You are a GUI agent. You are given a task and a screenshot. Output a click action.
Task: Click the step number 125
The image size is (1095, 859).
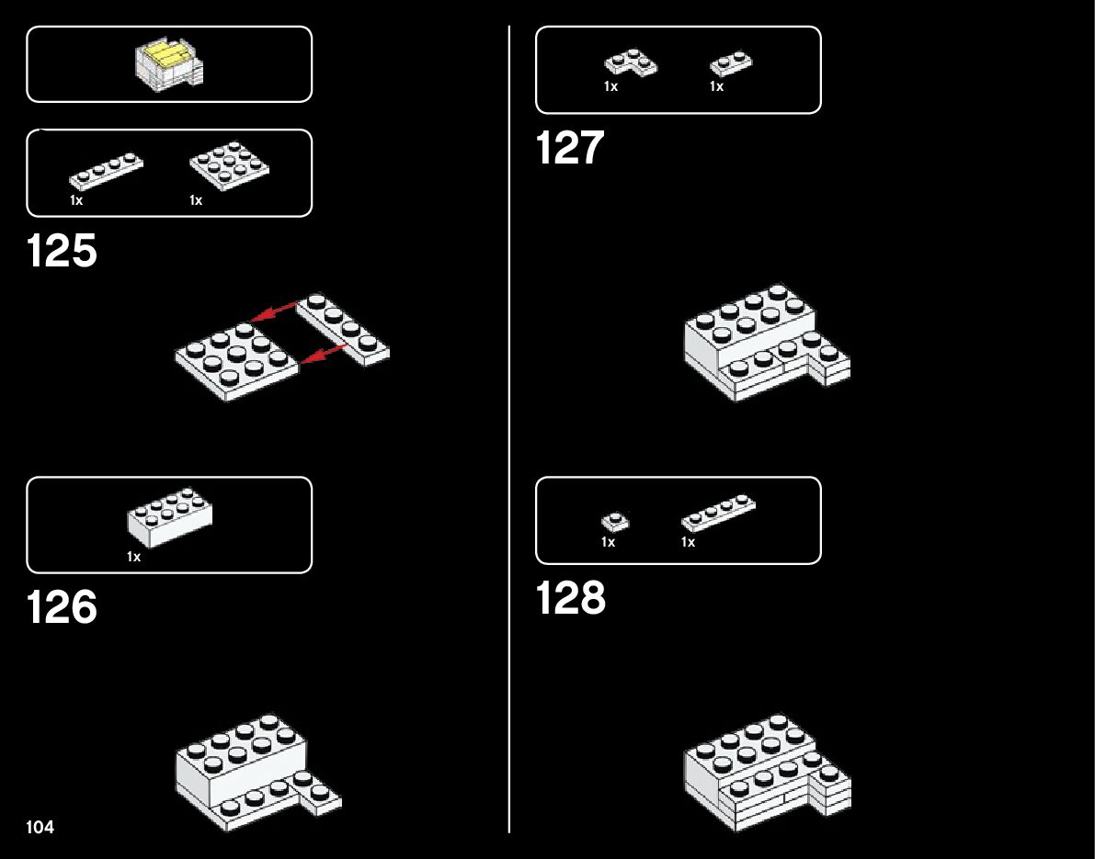[x=62, y=252]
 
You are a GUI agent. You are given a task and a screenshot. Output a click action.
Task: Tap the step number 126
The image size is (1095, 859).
[x=62, y=608]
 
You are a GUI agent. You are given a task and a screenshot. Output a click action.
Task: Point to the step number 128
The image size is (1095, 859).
[x=571, y=598]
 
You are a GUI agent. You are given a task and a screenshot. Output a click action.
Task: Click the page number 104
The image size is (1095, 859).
[x=40, y=828]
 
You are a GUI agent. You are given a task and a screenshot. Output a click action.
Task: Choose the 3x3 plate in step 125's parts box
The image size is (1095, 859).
[x=230, y=165]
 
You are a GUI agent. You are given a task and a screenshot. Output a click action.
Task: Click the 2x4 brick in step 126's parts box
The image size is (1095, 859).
[x=169, y=518]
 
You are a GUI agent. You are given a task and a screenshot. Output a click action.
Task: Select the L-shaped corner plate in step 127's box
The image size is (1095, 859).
[x=631, y=62]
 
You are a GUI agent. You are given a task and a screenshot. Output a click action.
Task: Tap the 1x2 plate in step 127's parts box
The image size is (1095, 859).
[x=731, y=63]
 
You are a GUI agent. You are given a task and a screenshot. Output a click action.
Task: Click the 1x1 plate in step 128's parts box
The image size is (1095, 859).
[x=615, y=522]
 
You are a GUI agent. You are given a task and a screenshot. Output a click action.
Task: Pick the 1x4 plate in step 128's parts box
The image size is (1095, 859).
[x=719, y=513]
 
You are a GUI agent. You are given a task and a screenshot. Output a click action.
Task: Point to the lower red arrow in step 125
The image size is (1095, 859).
[x=324, y=355]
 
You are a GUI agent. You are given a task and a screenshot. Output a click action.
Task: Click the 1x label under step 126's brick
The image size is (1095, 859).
[x=134, y=557]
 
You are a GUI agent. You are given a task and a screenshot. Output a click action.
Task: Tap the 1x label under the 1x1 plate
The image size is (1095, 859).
[x=608, y=542]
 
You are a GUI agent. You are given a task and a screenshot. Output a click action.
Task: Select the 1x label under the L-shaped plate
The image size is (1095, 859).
[x=610, y=86]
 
